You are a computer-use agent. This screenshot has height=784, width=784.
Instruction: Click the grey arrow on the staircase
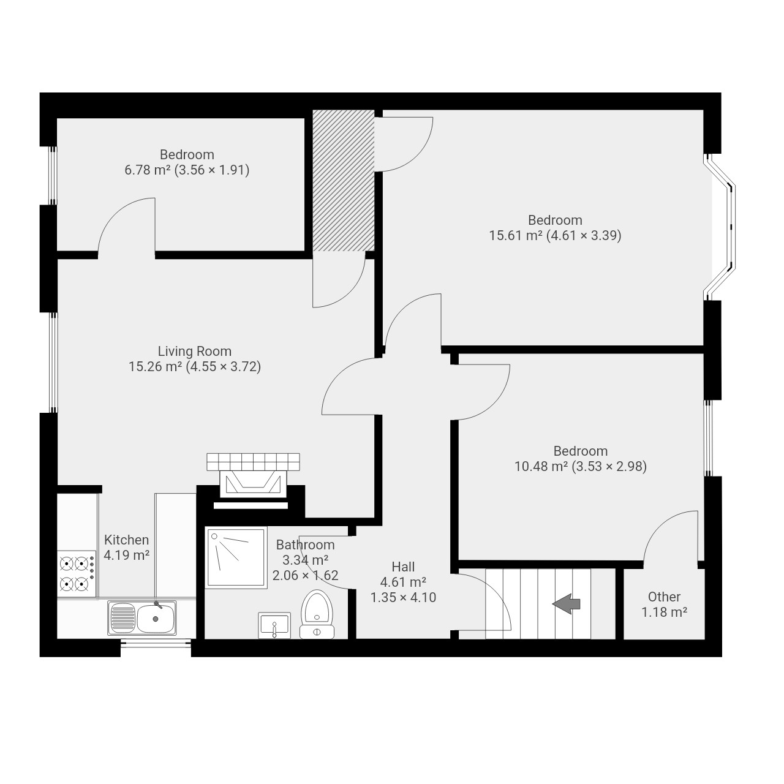566,604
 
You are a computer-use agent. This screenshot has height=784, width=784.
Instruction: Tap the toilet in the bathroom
317,614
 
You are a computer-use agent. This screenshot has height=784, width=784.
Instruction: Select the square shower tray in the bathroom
236,557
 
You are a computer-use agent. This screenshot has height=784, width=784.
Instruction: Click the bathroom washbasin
274,625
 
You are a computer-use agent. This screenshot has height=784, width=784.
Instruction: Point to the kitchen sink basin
156,619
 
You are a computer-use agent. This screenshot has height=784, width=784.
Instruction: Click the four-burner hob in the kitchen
77,574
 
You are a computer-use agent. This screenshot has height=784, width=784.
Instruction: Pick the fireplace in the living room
253,480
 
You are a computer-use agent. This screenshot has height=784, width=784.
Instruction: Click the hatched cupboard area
344,180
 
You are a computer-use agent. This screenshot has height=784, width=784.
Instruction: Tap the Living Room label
195,351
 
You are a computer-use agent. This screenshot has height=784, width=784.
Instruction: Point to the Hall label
403,567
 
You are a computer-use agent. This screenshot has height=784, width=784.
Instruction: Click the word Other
664,597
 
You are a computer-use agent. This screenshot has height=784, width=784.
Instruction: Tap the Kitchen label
127,540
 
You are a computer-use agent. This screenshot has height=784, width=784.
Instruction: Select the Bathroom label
305,545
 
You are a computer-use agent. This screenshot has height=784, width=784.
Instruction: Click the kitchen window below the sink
156,643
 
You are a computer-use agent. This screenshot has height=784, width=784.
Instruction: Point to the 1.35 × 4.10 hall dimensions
403,597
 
